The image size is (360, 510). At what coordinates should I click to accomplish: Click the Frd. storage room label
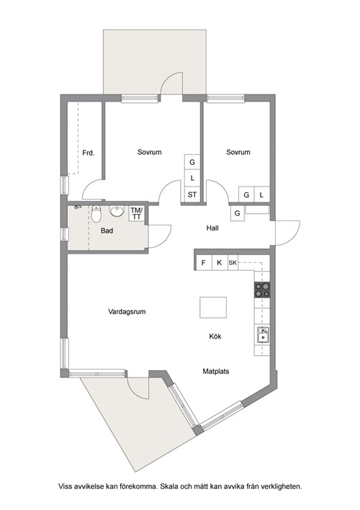click(x=88, y=153)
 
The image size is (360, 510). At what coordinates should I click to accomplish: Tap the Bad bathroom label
click(x=107, y=231)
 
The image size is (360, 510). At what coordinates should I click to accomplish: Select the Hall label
click(x=212, y=228)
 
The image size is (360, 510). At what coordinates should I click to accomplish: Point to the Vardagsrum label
click(x=127, y=312)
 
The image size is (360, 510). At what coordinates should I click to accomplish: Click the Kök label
click(x=215, y=336)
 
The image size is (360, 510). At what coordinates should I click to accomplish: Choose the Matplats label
click(x=215, y=371)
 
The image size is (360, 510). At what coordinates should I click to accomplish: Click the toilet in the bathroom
click(x=96, y=213)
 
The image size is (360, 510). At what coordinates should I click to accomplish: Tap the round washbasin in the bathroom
click(x=117, y=211)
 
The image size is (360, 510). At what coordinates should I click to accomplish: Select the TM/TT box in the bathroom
click(x=137, y=213)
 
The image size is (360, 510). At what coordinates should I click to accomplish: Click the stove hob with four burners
click(x=262, y=290)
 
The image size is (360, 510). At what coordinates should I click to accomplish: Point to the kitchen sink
click(x=263, y=335)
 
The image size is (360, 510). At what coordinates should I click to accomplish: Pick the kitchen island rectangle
click(x=213, y=308)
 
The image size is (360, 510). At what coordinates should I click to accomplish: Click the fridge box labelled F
click(x=204, y=262)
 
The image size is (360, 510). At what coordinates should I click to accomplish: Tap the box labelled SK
click(x=233, y=262)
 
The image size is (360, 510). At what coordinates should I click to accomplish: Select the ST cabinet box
click(x=192, y=194)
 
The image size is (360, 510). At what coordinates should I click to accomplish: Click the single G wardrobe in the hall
click(x=238, y=213)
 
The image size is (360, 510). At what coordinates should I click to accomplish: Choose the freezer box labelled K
click(x=220, y=262)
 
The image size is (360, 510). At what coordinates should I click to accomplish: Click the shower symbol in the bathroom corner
click(x=77, y=207)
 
